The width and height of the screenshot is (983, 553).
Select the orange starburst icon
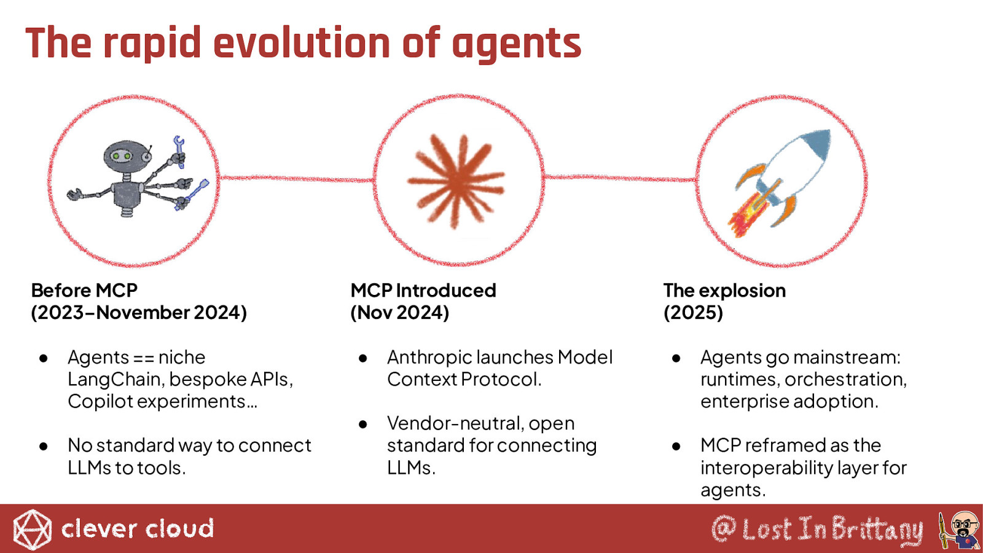[456, 181]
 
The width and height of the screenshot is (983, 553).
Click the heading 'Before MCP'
[84, 291]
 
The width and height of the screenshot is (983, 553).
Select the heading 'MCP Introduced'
[423, 291]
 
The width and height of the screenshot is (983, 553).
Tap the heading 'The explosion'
[724, 291]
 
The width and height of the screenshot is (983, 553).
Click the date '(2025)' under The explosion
[693, 313]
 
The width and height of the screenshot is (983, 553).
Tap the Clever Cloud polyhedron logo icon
[32, 529]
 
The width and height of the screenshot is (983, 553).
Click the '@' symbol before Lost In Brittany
[724, 529]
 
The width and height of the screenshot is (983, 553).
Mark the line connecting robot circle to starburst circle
[296, 178]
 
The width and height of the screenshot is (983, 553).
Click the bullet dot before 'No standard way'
[43, 446]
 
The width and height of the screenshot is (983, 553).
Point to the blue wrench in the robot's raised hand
[179, 151]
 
